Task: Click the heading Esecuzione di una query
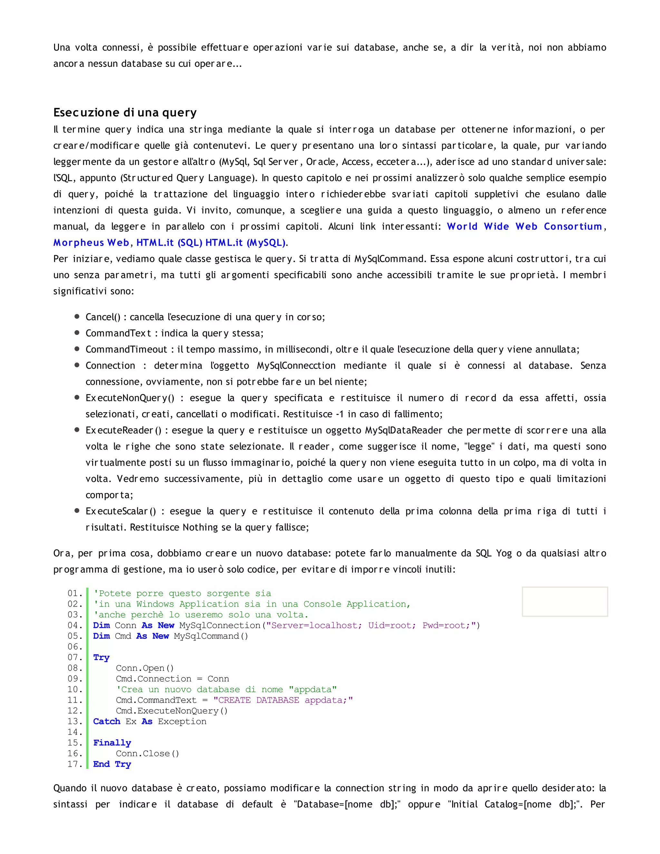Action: tap(125, 112)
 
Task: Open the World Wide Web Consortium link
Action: tap(524, 227)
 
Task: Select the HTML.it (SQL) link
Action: tap(169, 243)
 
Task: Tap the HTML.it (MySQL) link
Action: tap(246, 243)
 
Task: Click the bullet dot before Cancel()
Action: tap(77, 316)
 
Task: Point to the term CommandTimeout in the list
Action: tap(126, 349)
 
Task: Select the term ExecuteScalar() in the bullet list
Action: tap(121, 511)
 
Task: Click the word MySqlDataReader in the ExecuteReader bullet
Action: tap(403, 430)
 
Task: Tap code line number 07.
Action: tap(74, 657)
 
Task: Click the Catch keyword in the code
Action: tap(106, 722)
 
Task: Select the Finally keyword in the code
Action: tap(112, 742)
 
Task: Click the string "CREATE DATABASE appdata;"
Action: tap(283, 700)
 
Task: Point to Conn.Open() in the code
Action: tap(144, 668)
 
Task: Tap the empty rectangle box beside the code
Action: tap(565, 601)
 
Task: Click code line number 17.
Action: tap(74, 764)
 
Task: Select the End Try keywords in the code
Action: tap(112, 764)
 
